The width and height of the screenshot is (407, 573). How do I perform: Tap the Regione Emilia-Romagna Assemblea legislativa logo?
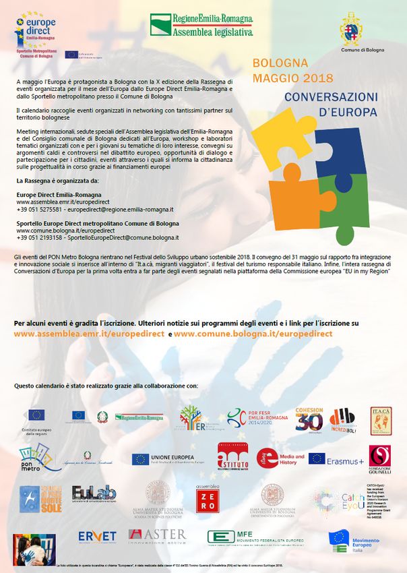coord(201,25)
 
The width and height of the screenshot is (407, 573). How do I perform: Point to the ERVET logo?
coord(97,537)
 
